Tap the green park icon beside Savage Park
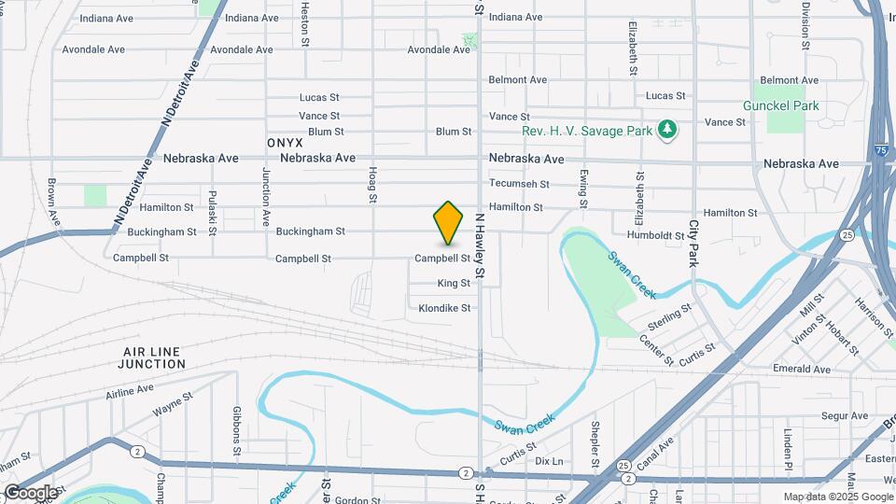[666, 131]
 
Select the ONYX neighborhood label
[285, 143]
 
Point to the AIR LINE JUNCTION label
[153, 357]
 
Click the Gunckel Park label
[780, 105]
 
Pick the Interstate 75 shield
[880, 149]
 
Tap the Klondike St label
[445, 308]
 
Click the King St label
[454, 283]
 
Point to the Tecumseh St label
[519, 184]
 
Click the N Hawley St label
[481, 245]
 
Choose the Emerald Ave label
[801, 370]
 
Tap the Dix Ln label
[550, 461]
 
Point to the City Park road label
[693, 244]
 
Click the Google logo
[30, 493]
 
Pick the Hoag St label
[372, 185]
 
